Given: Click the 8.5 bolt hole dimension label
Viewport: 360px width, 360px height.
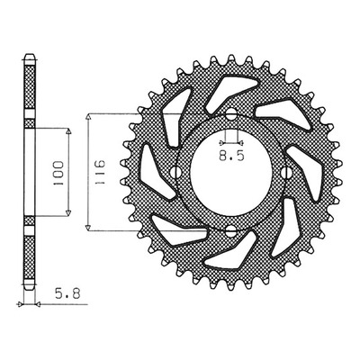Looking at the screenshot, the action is click(x=231, y=156).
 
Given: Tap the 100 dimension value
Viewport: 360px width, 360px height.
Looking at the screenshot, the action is click(x=58, y=173).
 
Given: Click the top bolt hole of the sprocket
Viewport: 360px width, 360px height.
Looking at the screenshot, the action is click(x=231, y=114).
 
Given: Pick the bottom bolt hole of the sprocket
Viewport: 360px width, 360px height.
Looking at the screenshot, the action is click(x=231, y=230).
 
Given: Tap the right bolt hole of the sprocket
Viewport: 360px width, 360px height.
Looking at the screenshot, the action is click(x=287, y=172).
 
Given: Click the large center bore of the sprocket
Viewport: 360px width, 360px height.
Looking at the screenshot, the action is click(x=231, y=172).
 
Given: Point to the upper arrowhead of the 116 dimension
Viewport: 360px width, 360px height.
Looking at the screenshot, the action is click(x=88, y=117).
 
